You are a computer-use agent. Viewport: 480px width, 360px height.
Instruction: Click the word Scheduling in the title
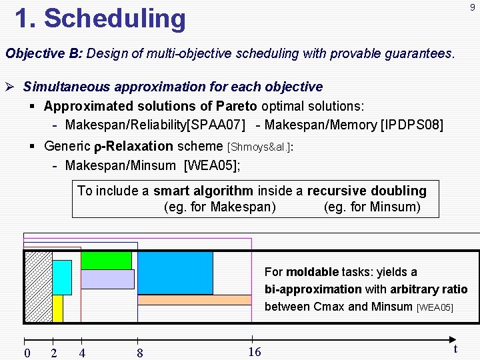coord(115,18)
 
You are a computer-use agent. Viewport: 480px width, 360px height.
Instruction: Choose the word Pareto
coord(238,106)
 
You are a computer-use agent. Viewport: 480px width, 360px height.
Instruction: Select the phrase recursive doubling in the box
coord(366,191)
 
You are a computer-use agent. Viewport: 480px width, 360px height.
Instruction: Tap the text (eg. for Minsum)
coord(372,207)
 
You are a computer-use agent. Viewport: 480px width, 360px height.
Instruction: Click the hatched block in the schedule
coord(38,287)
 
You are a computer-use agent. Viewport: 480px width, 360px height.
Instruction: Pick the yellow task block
coord(57,308)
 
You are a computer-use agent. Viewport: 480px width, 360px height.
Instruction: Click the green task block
coord(106,260)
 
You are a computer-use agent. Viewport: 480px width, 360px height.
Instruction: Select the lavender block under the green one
coord(107,279)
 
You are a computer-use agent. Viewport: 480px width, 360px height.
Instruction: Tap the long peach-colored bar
coord(194,300)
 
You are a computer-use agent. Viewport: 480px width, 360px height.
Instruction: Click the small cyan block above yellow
coord(61,277)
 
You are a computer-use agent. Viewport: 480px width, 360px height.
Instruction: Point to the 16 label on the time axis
coord(254,352)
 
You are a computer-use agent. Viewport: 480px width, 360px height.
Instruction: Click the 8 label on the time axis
coord(139,353)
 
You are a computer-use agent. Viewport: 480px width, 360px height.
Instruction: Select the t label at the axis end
coord(455,349)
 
